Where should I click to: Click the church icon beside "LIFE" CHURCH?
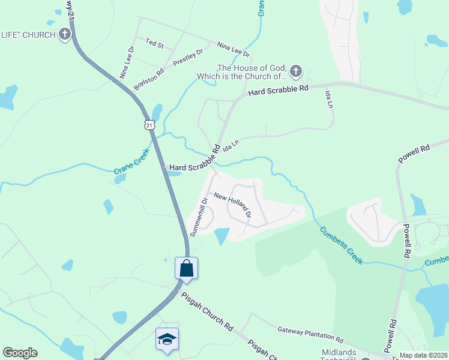65,34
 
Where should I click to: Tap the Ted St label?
155,44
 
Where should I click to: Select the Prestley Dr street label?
188,58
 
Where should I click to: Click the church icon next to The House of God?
295,72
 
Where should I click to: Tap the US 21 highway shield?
149,124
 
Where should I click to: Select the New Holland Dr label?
232,204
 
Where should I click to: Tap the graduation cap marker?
167,338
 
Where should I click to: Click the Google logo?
20,353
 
